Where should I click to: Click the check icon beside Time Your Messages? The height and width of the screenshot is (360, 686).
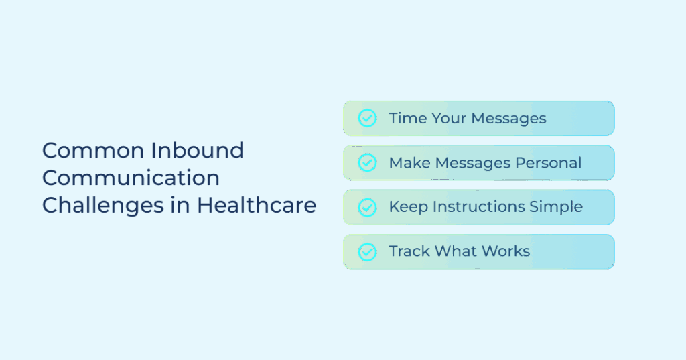(367, 118)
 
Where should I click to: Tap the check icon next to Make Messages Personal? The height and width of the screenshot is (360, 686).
(367, 162)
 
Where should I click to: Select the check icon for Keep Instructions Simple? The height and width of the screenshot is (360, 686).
(367, 207)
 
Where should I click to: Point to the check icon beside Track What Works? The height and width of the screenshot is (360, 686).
(367, 252)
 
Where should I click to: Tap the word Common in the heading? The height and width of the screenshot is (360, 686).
(93, 150)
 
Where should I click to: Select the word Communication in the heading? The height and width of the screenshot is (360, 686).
(131, 178)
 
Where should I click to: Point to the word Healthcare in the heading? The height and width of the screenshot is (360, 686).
(257, 205)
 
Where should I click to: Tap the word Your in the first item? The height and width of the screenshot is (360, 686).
(449, 118)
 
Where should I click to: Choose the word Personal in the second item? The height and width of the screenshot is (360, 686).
(548, 163)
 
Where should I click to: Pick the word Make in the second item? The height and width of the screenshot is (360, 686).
(409, 163)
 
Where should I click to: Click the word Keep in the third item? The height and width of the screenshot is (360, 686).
(408, 206)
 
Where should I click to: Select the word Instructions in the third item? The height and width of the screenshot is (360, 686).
(478, 206)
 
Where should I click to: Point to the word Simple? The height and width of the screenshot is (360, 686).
(556, 206)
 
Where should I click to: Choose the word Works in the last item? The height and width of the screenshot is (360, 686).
(505, 251)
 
